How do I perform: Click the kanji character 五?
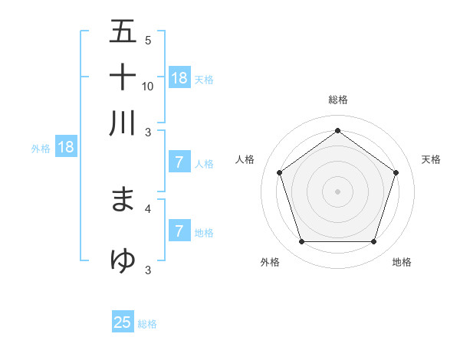click(x=123, y=31)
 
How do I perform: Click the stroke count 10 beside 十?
click(x=148, y=86)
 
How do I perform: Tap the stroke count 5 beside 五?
click(x=148, y=40)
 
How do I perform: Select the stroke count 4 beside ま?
click(x=148, y=208)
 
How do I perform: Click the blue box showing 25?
click(x=123, y=322)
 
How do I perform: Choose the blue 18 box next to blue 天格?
click(x=179, y=77)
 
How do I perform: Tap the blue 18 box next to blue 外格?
click(x=65, y=147)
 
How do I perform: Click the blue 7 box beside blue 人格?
click(x=179, y=162)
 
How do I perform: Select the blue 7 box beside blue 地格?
click(x=179, y=231)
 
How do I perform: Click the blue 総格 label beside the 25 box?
click(x=147, y=324)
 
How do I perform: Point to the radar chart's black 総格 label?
click(x=337, y=100)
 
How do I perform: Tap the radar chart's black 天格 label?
click(x=431, y=159)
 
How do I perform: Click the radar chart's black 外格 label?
click(x=270, y=262)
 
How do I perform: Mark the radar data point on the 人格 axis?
click(x=280, y=172)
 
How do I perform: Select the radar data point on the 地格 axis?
click(x=373, y=242)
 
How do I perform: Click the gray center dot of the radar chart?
click(x=337, y=191)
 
